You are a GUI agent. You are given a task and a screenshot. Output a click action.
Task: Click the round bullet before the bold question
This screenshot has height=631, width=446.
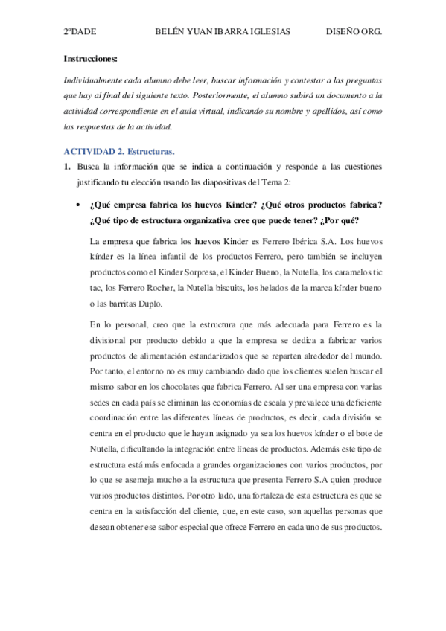point(78,205)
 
